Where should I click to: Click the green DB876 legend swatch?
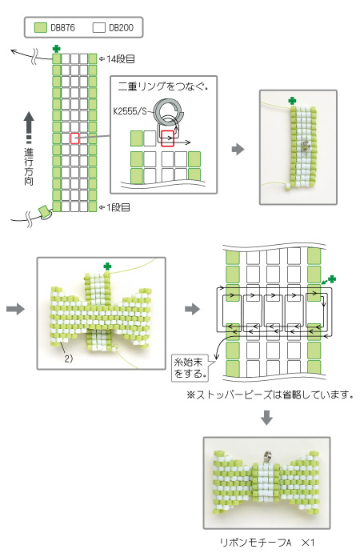(41, 27)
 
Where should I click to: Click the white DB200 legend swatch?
(98, 27)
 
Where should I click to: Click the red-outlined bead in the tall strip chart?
(74, 138)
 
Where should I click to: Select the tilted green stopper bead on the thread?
(44, 211)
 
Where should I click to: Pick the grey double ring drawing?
(169, 110)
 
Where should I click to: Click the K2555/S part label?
(130, 111)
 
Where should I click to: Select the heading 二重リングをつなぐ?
(162, 86)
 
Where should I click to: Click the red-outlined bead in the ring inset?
(167, 138)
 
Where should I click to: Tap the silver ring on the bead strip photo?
(306, 145)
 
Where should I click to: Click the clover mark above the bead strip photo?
(292, 101)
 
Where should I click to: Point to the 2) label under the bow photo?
(69, 359)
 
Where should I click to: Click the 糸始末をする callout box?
(190, 368)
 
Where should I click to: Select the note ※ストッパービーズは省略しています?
(270, 395)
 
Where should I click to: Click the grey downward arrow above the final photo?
(266, 418)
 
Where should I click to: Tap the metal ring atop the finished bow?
(267, 457)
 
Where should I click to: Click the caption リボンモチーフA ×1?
(267, 543)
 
